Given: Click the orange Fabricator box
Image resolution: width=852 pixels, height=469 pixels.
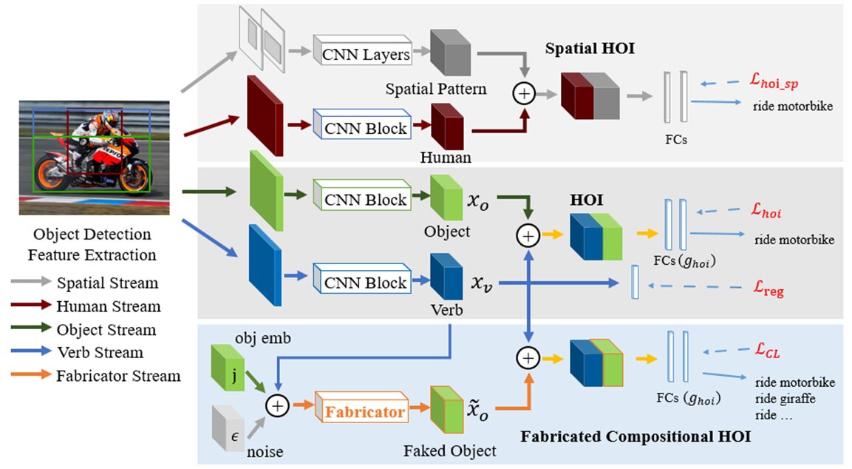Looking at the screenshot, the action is pos(362,406).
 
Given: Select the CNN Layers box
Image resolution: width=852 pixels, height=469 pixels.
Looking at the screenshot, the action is pos(362,50).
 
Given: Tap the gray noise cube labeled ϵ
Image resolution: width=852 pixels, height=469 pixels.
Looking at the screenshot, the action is pos(228,428).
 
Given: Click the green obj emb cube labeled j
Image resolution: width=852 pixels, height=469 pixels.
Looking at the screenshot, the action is pos(228,367).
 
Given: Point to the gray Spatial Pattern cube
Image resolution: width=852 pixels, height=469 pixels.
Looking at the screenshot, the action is pos(451,53).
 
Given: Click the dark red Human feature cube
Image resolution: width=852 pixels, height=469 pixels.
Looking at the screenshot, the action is pos(447,126).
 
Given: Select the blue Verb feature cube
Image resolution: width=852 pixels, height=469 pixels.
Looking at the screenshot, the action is pos(446,277).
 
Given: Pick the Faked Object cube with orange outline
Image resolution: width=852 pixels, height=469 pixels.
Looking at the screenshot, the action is pos(446,409).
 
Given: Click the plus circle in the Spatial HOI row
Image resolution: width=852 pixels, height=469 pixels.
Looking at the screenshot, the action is pos(524,94).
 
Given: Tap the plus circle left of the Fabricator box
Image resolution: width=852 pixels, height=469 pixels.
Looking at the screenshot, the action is pos(277,406).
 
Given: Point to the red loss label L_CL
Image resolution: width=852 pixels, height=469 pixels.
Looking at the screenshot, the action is pos(767,350).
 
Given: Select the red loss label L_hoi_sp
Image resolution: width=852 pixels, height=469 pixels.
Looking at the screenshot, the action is pos(774,81).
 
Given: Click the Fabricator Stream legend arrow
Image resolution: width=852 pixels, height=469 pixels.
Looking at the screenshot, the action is pos(31,374).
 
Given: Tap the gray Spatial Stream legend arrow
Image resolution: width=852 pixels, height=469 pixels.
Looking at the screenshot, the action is pos(31,281).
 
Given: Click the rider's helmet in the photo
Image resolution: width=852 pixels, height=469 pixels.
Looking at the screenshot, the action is pos(109,118).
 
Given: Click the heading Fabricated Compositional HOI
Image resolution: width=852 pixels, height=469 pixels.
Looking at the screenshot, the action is pos(635,436).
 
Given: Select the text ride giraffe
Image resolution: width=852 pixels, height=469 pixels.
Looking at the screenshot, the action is pos(785,399).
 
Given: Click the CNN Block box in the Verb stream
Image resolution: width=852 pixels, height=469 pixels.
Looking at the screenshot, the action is pos(362,279).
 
